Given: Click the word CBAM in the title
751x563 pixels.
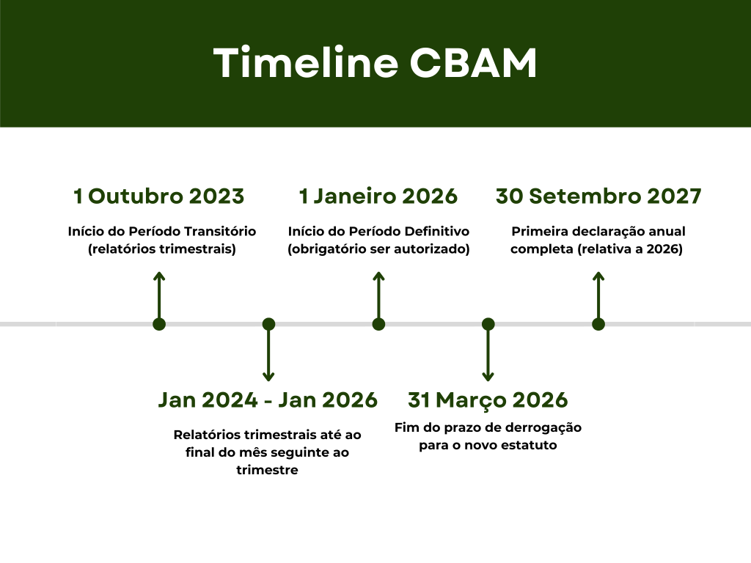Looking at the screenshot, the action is pyautogui.click(x=473, y=62).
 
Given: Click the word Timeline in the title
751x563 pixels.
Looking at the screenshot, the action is pyautogui.click(x=306, y=62).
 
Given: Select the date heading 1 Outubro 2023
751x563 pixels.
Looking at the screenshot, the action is pyautogui.click(x=159, y=196).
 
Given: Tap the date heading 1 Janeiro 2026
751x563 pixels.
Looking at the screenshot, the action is pyautogui.click(x=378, y=196).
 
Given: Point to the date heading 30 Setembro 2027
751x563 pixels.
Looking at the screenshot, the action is pyautogui.click(x=598, y=196).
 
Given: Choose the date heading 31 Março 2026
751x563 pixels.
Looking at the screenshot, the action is pyautogui.click(x=488, y=400).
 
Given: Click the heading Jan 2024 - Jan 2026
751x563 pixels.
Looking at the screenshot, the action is pyautogui.click(x=268, y=400).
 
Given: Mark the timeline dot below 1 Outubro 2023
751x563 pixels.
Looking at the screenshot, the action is pyautogui.click(x=159, y=324).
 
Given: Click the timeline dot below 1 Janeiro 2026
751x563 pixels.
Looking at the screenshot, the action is pyautogui.click(x=378, y=324).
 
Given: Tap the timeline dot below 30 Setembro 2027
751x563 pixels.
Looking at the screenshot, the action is pyautogui.click(x=598, y=324).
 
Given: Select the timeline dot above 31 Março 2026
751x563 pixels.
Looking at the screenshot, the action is pyautogui.click(x=488, y=324).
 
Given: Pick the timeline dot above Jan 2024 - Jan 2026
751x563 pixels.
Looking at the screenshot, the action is pyautogui.click(x=268, y=324).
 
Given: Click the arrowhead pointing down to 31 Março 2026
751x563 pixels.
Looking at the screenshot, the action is pyautogui.click(x=488, y=377).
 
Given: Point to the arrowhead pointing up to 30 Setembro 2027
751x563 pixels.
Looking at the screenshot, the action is pyautogui.click(x=598, y=276).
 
